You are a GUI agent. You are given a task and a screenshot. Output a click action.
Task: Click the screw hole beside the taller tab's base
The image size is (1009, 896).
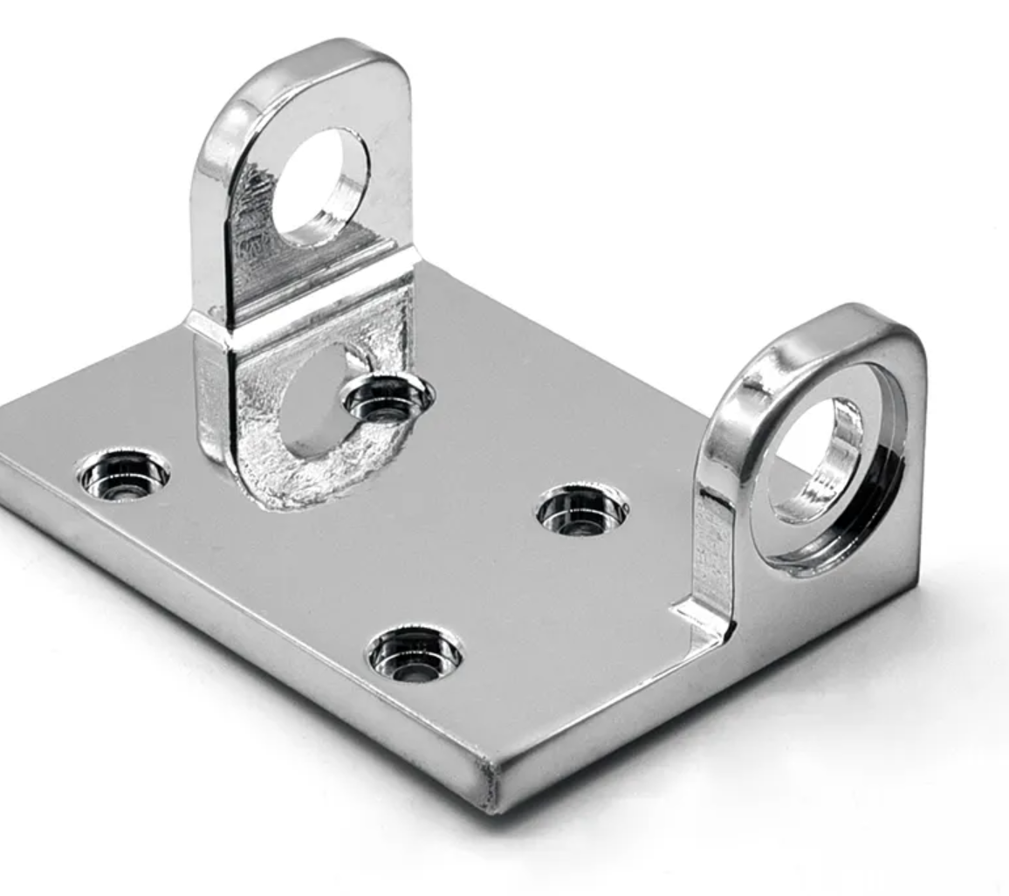(x=387, y=399)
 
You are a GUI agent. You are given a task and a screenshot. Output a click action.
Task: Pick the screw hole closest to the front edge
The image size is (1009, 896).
(x=414, y=652)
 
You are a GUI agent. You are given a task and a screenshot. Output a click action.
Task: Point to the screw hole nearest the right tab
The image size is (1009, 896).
(x=582, y=509)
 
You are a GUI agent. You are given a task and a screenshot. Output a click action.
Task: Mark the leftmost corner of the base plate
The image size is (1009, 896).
(x=4, y=463)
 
